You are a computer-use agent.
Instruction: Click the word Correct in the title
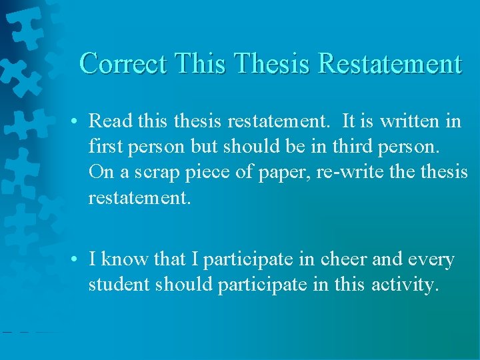tap(123, 64)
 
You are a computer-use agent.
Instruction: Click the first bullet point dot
tap(78, 121)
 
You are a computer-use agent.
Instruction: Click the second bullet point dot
tap(78, 260)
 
